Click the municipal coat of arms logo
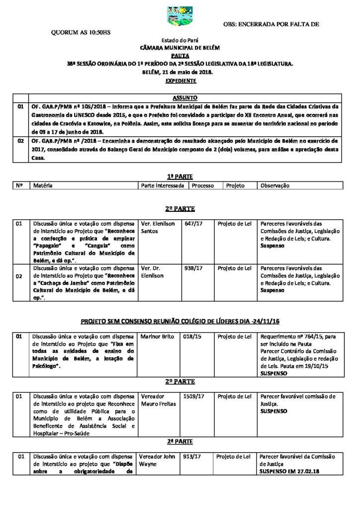(x=179, y=16)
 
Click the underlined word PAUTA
(x=180, y=56)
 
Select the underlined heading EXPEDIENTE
(x=180, y=81)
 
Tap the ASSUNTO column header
(x=184, y=98)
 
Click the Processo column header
(x=202, y=185)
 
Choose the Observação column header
(x=275, y=185)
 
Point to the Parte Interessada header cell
(x=163, y=185)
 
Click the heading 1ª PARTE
(x=180, y=176)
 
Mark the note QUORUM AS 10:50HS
(x=81, y=32)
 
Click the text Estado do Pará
(x=180, y=40)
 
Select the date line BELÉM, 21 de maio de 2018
(x=180, y=72)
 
